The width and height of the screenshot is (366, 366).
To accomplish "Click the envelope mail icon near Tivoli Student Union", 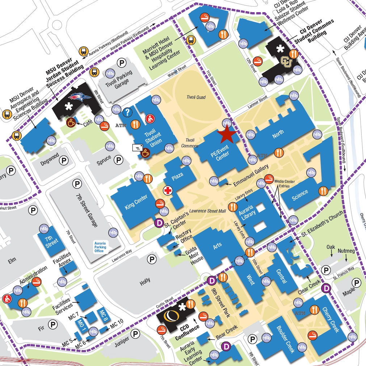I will [138, 147].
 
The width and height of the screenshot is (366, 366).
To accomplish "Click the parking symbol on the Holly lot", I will [152, 259].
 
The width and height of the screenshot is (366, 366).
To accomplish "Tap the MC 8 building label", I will [103, 316].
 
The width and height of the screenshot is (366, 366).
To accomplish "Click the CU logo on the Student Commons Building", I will [286, 61].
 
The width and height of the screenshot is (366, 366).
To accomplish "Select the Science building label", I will [300, 193].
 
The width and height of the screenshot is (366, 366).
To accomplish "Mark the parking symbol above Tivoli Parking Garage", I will [121, 63].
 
